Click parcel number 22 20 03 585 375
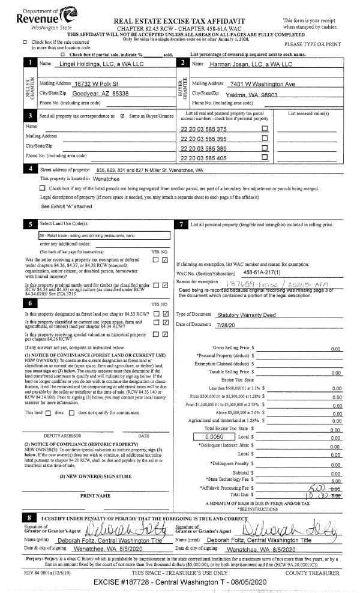203,129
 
